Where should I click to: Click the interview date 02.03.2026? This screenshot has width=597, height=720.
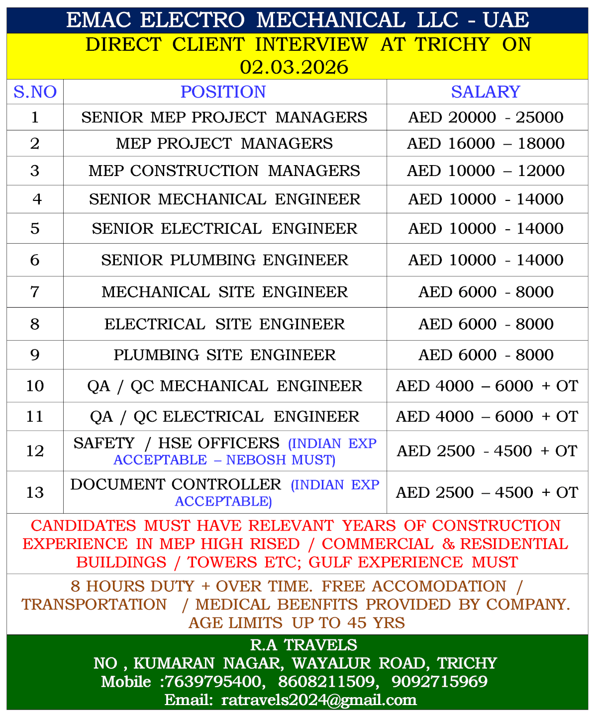[x=294, y=67]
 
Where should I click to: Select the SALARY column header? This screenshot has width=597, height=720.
[x=486, y=92]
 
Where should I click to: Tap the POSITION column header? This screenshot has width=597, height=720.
[x=223, y=92]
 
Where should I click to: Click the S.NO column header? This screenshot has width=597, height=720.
[x=35, y=92]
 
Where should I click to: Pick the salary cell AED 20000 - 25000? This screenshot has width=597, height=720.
[x=486, y=117]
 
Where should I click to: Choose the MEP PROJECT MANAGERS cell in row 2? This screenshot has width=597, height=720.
[x=224, y=144]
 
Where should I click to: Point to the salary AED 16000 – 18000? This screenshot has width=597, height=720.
[x=486, y=144]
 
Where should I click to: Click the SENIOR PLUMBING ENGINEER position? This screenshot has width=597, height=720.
[x=224, y=260]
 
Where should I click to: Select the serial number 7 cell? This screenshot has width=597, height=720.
[x=35, y=292]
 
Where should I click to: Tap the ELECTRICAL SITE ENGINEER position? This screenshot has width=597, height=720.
[x=224, y=324]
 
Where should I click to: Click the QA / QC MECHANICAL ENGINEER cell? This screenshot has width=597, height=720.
[x=224, y=386]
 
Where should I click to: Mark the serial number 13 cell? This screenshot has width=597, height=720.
[x=35, y=492]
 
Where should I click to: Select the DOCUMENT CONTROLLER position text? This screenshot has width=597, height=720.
[x=176, y=484]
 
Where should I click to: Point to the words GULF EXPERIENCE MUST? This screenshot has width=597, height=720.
[x=413, y=562]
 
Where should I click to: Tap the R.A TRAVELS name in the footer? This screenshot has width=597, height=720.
[x=303, y=645]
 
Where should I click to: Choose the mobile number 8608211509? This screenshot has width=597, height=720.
[x=326, y=681]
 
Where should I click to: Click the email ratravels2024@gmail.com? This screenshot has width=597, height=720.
[x=319, y=700]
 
